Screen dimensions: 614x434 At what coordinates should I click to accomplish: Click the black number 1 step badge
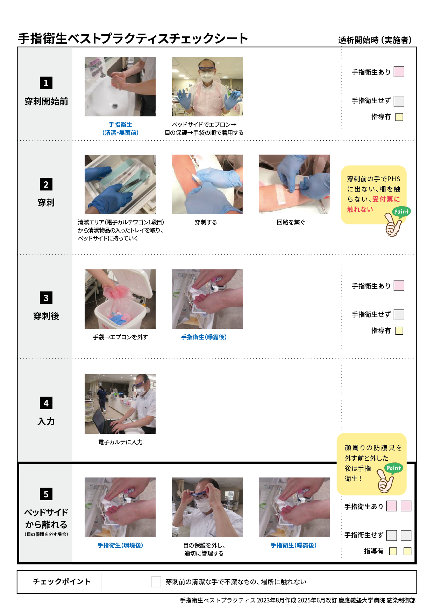point(46,83)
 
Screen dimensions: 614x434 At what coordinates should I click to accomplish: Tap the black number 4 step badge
point(46,403)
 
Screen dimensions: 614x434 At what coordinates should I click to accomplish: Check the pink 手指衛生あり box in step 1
point(399,72)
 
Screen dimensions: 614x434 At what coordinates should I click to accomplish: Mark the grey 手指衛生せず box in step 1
point(399,101)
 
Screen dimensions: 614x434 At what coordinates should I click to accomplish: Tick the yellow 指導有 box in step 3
point(399,331)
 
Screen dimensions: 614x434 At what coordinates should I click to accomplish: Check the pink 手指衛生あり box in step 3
point(399,286)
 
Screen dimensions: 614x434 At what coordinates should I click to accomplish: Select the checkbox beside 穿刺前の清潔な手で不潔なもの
point(156,582)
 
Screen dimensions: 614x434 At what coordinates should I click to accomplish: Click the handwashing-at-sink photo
point(120,86)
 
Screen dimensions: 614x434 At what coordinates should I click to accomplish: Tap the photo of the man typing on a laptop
point(120,404)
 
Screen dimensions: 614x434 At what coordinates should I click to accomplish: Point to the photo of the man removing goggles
point(207,507)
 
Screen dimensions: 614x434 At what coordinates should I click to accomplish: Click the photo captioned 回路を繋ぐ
point(294,184)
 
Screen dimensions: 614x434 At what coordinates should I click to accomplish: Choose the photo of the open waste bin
point(120,299)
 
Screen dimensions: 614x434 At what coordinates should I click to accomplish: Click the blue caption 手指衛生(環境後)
point(120,545)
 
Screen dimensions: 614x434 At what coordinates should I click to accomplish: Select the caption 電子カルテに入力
point(120,442)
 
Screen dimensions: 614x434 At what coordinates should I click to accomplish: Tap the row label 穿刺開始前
point(46,102)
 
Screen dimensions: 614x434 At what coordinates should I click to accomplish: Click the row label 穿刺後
point(46,316)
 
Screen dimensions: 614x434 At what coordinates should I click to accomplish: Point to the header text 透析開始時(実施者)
point(375,40)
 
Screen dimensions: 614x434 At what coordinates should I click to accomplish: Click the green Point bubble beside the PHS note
point(401,211)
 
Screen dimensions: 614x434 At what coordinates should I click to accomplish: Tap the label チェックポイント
point(62,581)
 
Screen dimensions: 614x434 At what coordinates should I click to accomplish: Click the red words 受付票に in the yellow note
point(386,199)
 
